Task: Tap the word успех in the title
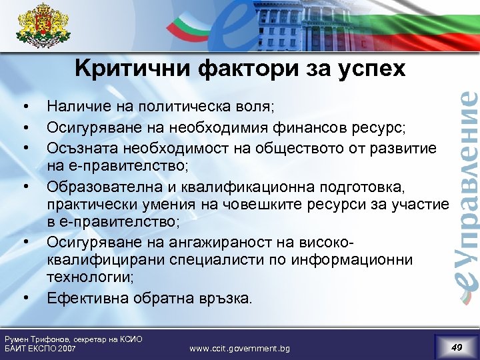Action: click(369, 69)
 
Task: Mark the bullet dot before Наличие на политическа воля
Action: click(25, 106)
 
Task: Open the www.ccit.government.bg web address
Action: click(239, 349)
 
